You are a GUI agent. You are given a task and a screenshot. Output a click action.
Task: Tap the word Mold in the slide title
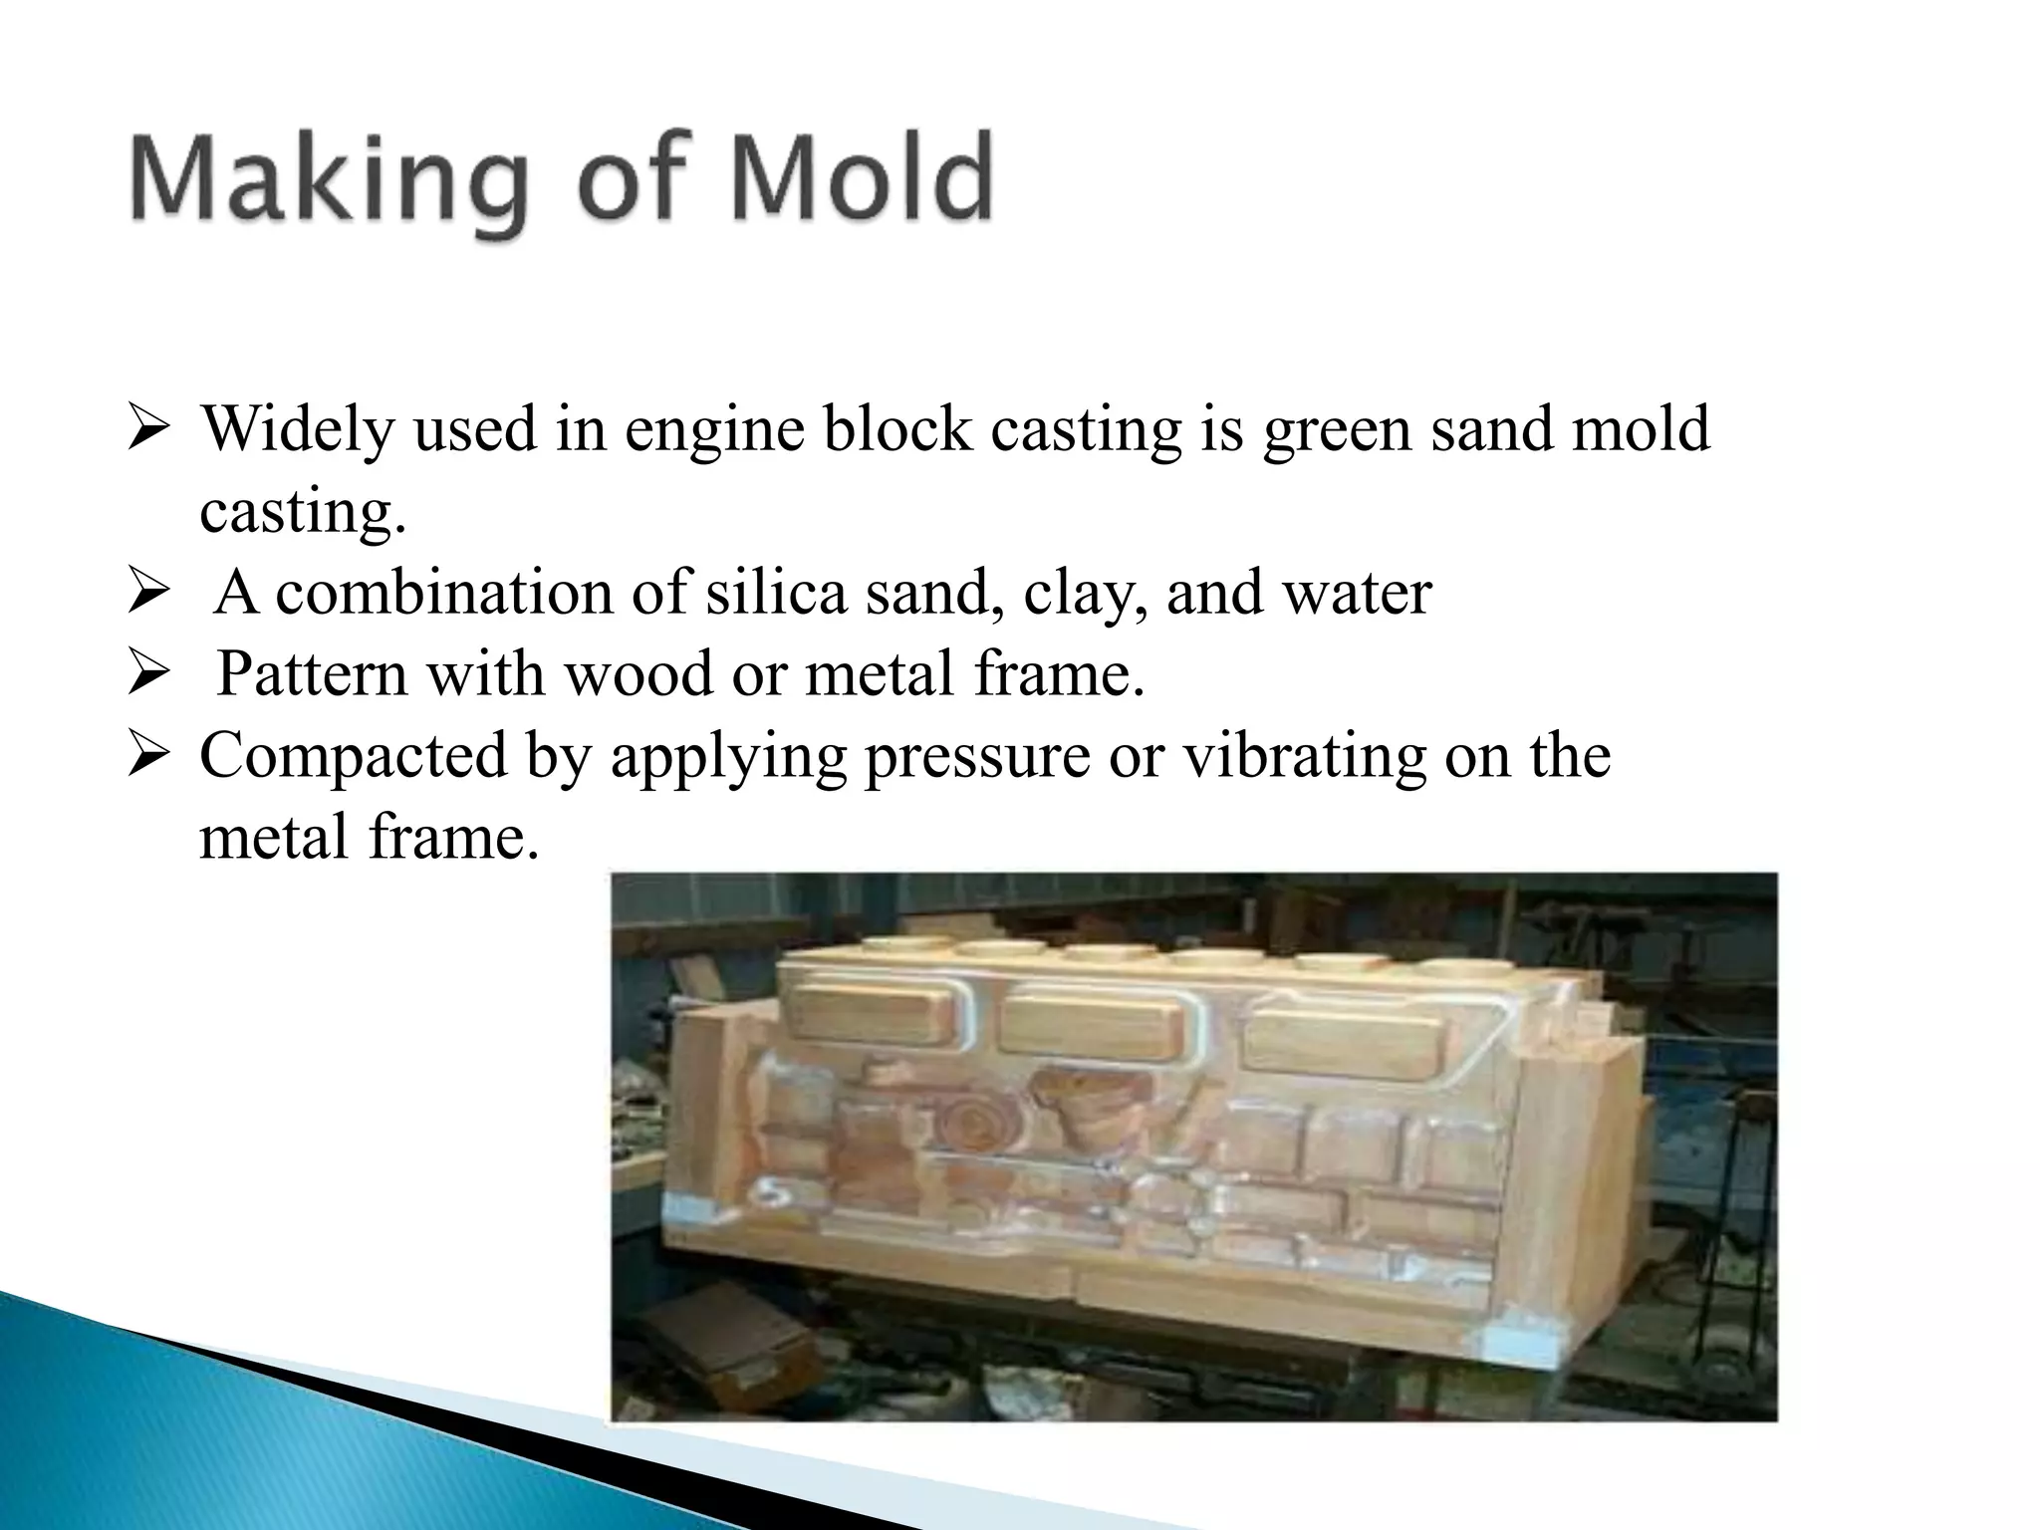(x=863, y=179)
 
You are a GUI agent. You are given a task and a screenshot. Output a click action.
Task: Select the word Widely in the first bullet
(x=298, y=430)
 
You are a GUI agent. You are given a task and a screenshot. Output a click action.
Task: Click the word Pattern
(x=312, y=673)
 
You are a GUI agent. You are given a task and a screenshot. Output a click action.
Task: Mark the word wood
(x=637, y=673)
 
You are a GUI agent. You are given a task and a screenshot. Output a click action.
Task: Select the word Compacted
(x=354, y=757)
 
